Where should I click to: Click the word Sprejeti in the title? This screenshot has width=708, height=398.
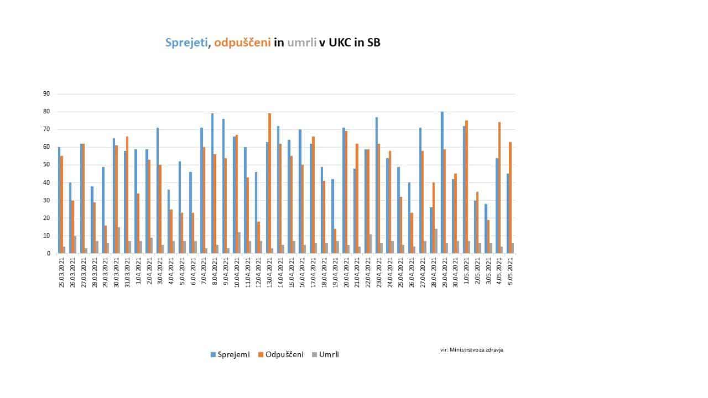click(x=188, y=43)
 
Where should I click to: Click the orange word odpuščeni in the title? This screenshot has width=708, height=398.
click(x=242, y=43)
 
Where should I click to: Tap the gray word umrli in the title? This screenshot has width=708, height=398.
click(x=301, y=43)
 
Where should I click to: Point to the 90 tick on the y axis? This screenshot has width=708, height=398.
click(x=46, y=94)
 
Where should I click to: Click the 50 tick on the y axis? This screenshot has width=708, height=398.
click(x=46, y=165)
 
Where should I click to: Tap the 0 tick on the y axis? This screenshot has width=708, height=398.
click(x=48, y=253)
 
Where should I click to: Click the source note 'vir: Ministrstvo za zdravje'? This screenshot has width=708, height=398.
click(x=472, y=349)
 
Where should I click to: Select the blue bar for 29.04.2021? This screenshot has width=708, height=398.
click(x=442, y=182)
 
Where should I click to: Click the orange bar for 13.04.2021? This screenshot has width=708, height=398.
click(x=270, y=183)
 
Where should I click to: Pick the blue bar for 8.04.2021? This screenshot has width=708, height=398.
click(x=212, y=183)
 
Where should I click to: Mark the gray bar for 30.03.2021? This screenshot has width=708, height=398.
click(x=118, y=240)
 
